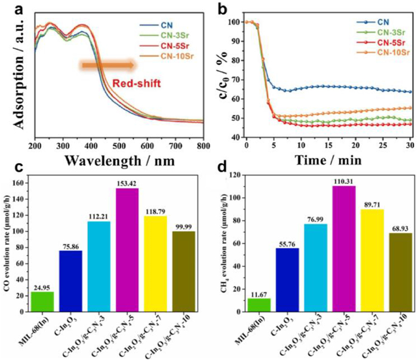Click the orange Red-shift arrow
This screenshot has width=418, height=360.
(x=107, y=64)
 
